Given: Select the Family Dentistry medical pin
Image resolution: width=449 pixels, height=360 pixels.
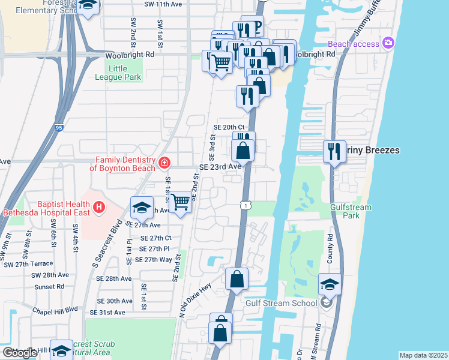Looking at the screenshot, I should tap(164, 163).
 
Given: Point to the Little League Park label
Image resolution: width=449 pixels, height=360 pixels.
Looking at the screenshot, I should tap(118, 73).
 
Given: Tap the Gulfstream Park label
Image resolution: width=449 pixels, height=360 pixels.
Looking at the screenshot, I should tap(351, 211).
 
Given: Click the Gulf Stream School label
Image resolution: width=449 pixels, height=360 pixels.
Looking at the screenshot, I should tap(281, 303).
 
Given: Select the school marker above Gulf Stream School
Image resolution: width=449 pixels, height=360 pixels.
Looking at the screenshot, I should tap(330, 284).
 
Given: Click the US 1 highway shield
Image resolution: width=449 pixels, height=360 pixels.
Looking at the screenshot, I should tap(246, 206).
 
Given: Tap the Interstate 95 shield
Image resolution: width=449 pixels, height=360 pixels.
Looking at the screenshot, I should tap(58, 127).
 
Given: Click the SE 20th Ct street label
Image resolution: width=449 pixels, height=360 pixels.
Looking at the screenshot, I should tap(229, 127).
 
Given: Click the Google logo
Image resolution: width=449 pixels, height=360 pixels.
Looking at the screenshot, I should tap(20, 353).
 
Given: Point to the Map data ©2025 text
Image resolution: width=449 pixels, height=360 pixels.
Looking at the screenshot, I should tap(423, 355).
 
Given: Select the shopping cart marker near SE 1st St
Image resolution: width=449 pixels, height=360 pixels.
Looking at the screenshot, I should tap(180, 202).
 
